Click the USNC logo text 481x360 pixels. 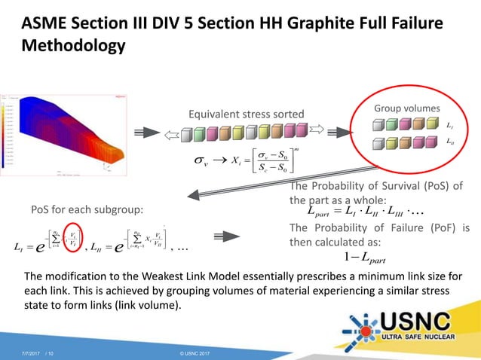pos(423,321)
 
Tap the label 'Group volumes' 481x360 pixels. pos(408,108)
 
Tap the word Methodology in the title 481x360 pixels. pos(72,47)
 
